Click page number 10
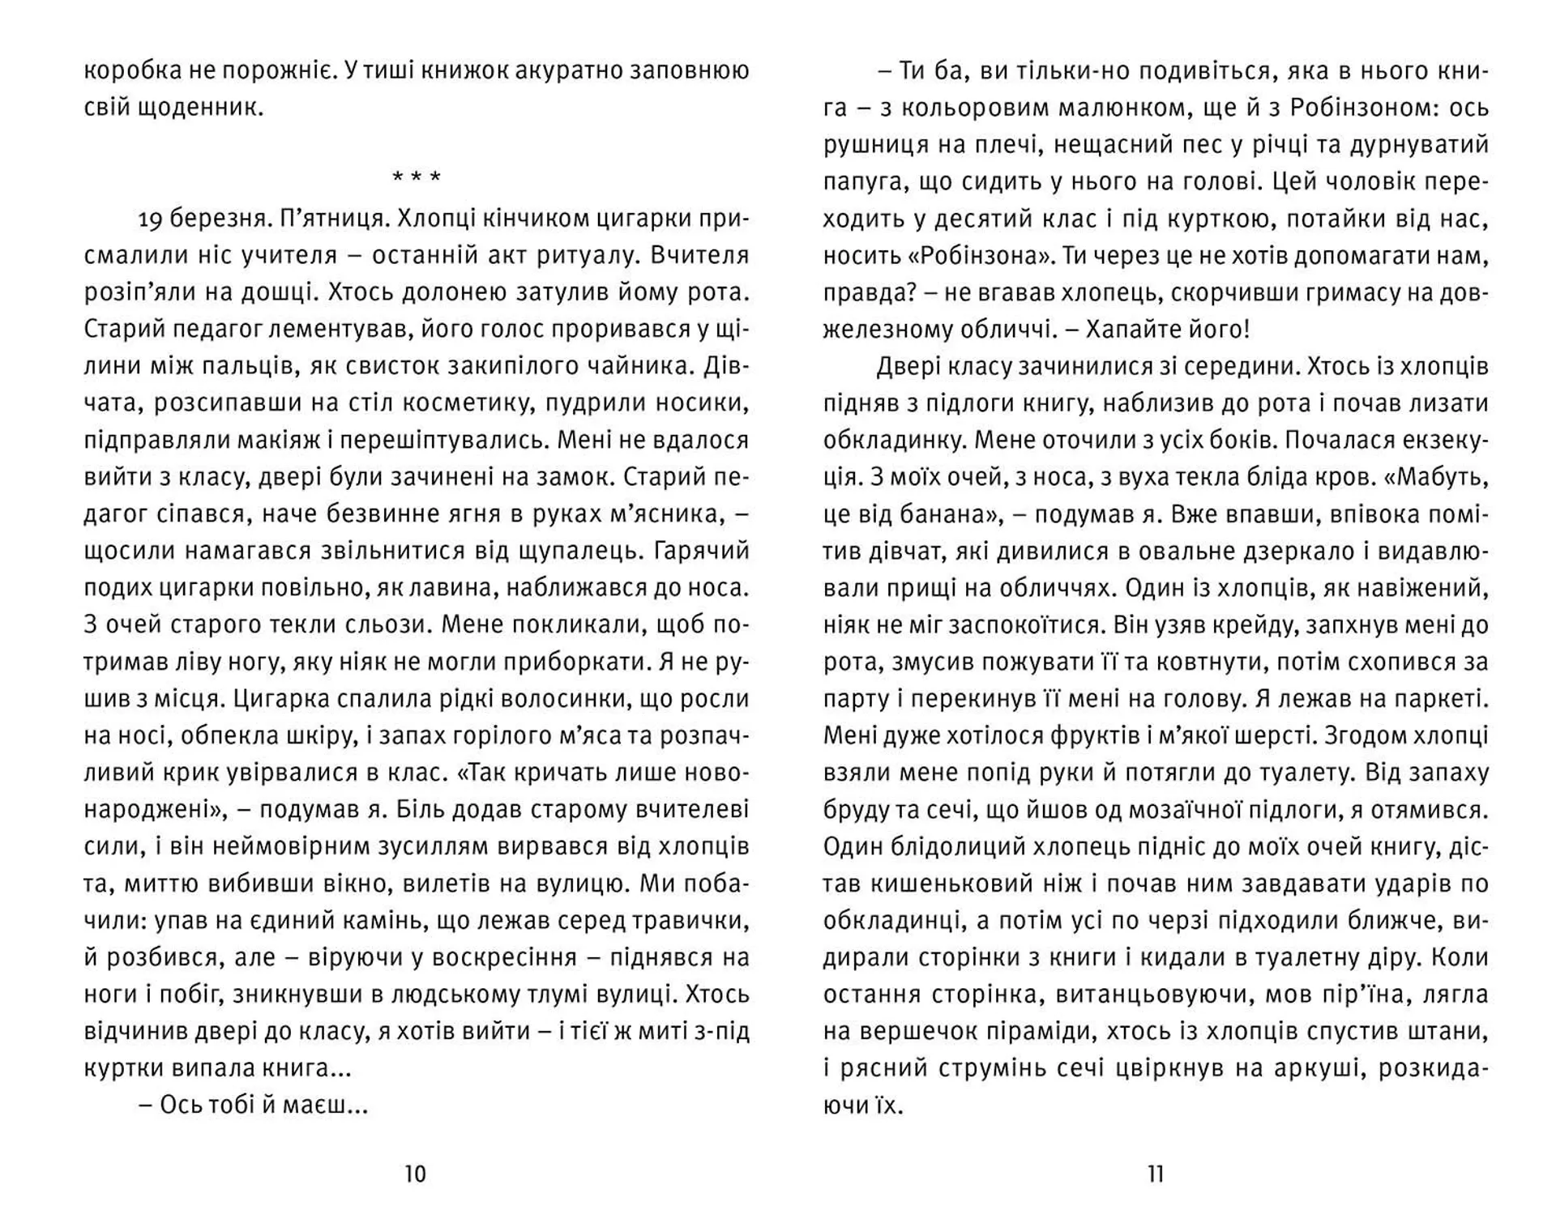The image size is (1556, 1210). coord(415,1174)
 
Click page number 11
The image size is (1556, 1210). coord(1156,1174)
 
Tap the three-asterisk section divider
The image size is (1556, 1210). coord(417,177)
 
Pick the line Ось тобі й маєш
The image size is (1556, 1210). coord(254,1105)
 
